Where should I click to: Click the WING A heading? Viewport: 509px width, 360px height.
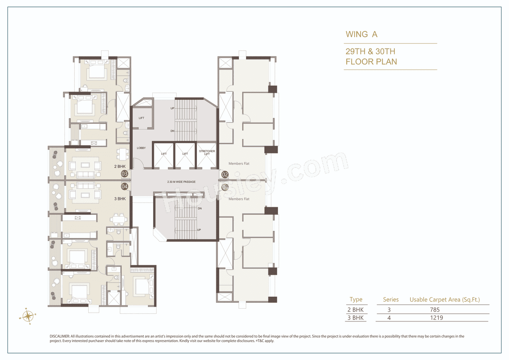[361, 34]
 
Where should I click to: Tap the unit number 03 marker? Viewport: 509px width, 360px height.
[124, 173]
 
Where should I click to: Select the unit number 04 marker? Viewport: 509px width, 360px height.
[124, 186]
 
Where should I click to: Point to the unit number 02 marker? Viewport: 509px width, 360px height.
[225, 174]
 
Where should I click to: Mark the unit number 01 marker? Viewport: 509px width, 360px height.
[225, 187]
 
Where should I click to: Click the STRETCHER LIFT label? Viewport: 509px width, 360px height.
[207, 153]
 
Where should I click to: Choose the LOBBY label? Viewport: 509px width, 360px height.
[141, 148]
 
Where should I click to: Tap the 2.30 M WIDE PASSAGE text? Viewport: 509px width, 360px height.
[181, 182]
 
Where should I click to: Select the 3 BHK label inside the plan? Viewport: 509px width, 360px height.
[119, 198]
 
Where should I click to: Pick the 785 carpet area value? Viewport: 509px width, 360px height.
[434, 309]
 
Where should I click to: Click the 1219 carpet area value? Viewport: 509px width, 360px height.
[436, 317]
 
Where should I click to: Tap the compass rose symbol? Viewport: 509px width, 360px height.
[28, 316]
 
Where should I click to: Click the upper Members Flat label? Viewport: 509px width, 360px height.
[239, 163]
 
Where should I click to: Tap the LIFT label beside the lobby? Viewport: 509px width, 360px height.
[142, 118]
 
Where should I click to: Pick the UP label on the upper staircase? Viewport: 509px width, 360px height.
[172, 108]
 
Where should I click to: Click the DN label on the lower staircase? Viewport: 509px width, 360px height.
[200, 208]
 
